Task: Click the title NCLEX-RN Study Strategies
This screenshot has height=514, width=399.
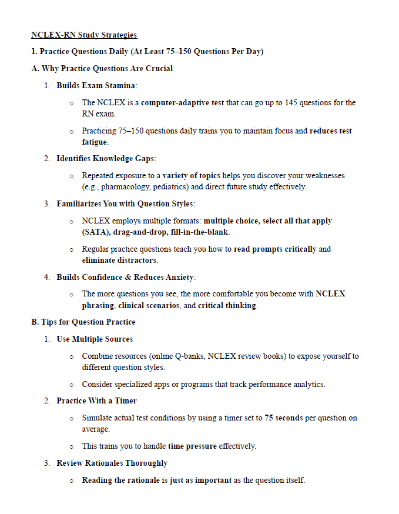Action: pos(84,35)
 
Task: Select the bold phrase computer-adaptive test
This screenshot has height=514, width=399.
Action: pos(182,103)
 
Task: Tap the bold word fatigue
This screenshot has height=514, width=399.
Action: pos(95,142)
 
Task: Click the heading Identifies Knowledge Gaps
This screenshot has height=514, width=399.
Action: pos(106,159)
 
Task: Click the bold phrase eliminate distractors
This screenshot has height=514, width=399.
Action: pos(119,260)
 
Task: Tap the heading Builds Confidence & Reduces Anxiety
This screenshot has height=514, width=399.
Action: pos(126,277)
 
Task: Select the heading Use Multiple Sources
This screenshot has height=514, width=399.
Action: pos(94,339)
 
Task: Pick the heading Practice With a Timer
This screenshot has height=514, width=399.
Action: pos(96,401)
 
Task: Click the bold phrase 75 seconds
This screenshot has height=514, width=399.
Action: pos(283,418)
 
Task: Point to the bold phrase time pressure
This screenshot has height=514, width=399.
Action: pos(192,446)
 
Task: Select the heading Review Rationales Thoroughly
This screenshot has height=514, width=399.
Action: pos(112,463)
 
